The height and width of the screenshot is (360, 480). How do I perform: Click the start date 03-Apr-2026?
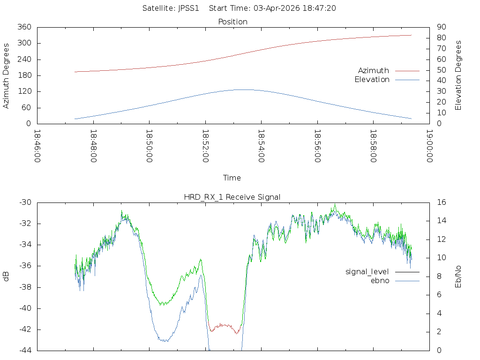275,8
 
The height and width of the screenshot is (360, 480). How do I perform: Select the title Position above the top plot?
232,22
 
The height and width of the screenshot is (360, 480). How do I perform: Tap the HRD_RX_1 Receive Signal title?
232,197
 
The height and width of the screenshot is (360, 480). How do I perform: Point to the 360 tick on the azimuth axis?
24,27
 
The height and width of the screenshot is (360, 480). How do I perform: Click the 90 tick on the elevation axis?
441,27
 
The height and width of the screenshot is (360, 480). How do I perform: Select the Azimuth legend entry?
374,70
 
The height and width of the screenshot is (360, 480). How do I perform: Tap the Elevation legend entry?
372,80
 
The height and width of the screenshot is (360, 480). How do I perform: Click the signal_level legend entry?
367,272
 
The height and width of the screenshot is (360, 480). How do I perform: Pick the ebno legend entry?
380,280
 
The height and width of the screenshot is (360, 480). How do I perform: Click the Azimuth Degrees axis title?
7,75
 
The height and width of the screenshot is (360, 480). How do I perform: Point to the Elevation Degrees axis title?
458,75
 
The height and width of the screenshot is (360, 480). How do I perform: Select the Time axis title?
232,178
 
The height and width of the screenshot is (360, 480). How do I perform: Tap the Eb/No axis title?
458,276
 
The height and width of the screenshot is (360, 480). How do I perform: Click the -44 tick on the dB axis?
25,350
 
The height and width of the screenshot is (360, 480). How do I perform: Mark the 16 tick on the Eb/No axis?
441,202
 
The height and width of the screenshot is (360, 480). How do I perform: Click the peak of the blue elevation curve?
244,90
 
